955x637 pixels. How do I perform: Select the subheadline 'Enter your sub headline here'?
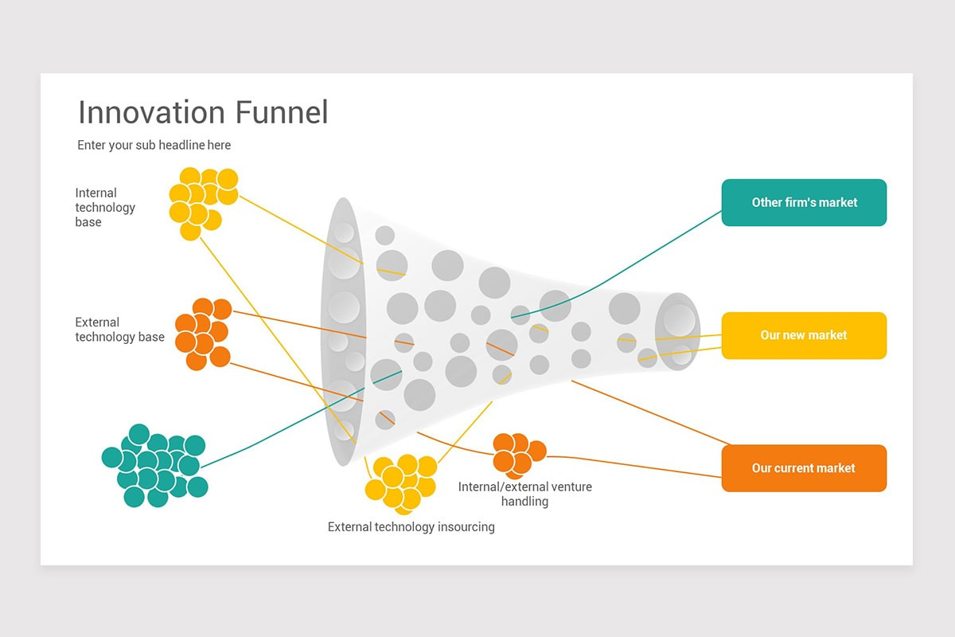pos(154,145)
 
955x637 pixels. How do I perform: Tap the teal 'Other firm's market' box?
pos(804,202)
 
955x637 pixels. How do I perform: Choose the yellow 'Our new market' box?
pos(804,335)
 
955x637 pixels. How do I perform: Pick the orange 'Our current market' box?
pos(804,468)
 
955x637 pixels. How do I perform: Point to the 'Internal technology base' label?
pos(105,207)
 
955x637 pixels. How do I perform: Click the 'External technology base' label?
pos(119,330)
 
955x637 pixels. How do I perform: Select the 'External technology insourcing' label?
pos(411,526)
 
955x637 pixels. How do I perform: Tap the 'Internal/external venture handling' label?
pos(524,494)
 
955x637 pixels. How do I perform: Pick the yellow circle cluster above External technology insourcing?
pos(401,483)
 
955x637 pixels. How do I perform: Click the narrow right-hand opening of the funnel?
pos(677,331)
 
